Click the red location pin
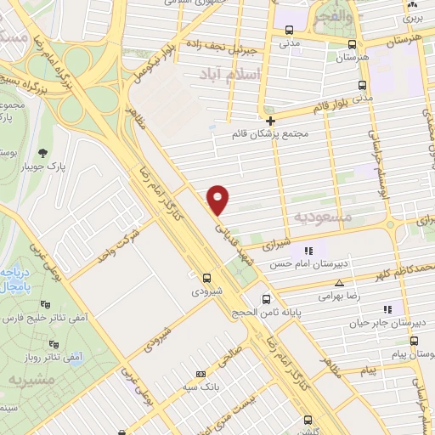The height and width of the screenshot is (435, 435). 219,199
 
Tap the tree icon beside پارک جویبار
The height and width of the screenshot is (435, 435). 42,154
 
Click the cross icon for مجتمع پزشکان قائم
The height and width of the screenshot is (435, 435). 270,120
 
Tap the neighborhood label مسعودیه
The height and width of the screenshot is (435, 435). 323,217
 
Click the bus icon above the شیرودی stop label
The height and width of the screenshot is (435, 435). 207,277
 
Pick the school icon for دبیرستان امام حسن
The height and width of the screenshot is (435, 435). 308,251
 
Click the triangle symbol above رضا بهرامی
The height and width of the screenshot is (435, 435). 339,283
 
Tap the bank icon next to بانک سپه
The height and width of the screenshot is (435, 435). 201,374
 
